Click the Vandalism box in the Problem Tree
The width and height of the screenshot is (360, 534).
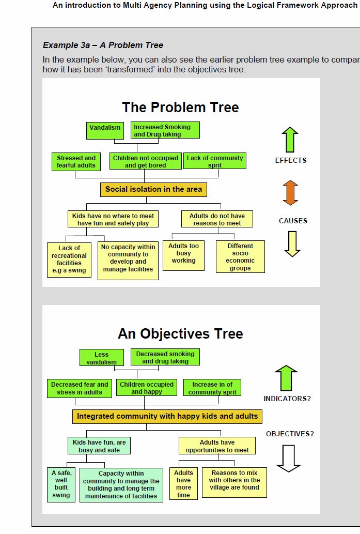coord(105,130)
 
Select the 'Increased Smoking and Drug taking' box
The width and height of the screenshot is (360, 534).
coord(165,130)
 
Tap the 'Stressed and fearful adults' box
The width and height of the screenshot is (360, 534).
coord(76,161)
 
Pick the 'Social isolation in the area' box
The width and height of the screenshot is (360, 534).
coord(153,190)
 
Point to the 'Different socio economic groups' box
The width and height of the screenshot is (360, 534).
coord(240,257)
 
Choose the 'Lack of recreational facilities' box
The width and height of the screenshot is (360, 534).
coord(69,259)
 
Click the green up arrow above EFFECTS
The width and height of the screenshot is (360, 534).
coord(290,140)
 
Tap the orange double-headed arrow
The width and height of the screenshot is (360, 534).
coord(291,192)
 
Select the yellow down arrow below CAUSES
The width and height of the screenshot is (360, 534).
coord(292,243)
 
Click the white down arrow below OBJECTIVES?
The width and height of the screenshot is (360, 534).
coord(288,458)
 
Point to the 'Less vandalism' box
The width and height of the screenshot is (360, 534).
coord(102,358)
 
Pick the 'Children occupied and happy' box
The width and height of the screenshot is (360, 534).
coord(147,388)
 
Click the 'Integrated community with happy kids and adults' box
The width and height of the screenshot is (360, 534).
coord(167,416)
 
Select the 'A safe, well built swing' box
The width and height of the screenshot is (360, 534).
coord(61,484)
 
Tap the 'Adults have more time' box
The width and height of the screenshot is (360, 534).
coord(183,484)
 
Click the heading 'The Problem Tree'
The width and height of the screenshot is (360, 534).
coord(180,108)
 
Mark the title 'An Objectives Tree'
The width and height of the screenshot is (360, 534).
coord(180,334)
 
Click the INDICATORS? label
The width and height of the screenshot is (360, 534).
coord(287,399)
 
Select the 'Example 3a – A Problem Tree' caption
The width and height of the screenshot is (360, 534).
coord(103,45)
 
